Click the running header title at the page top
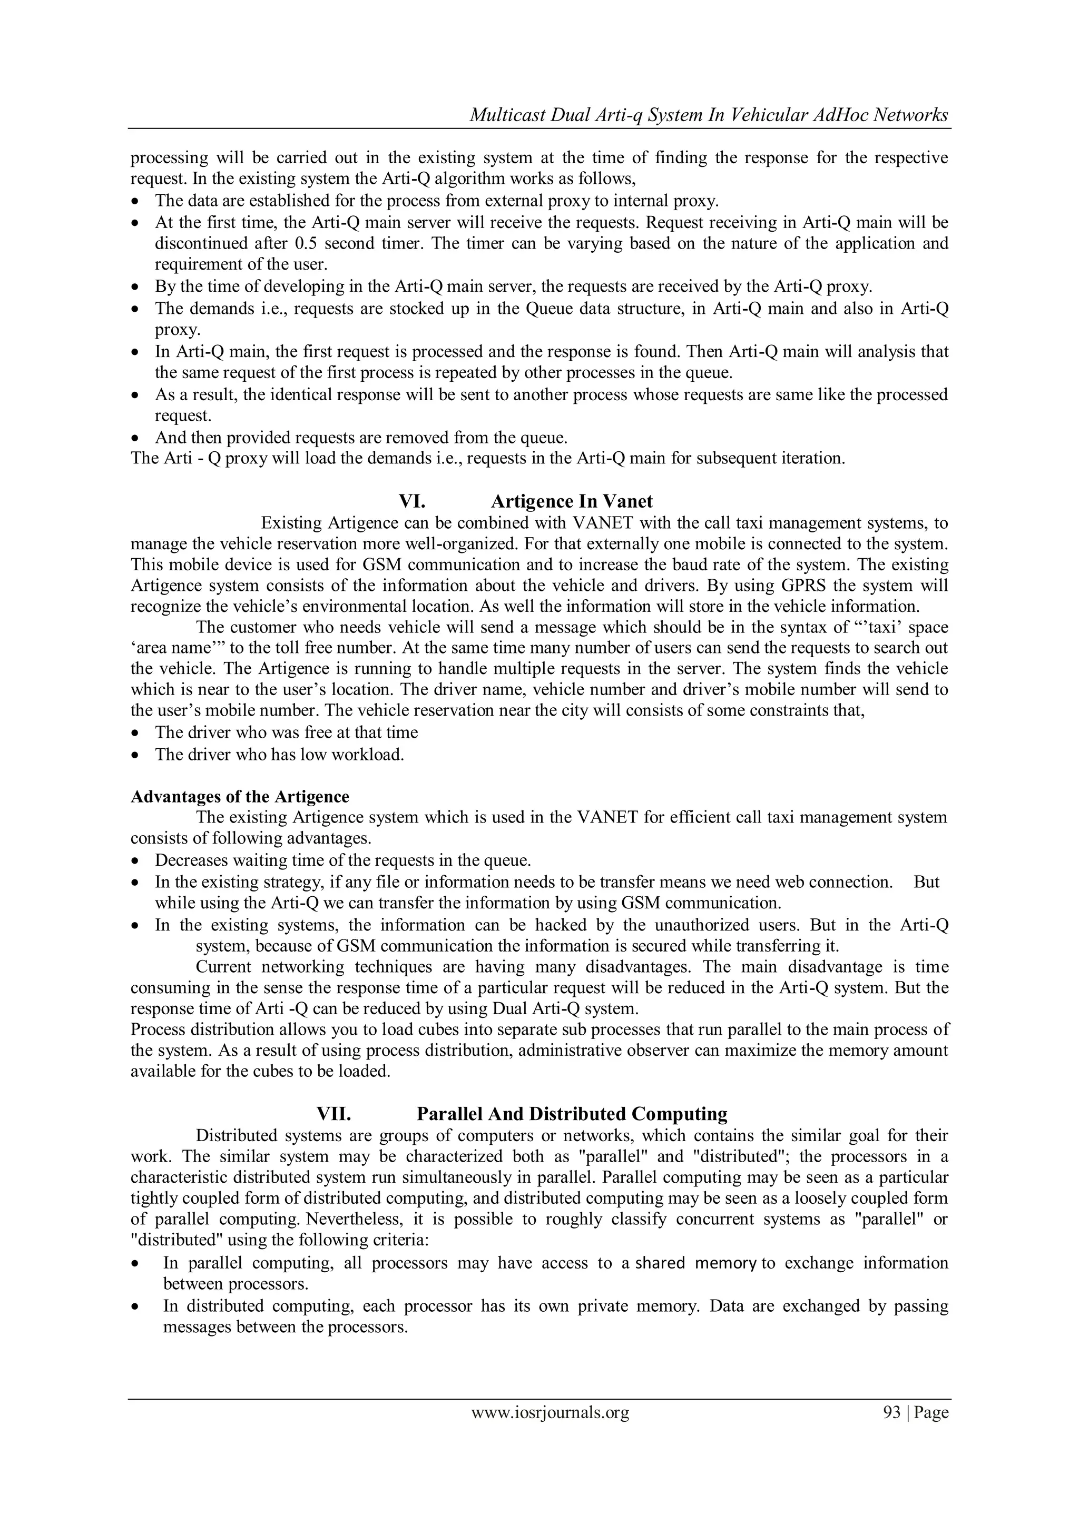pos(708,115)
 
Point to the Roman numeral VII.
pos(333,1114)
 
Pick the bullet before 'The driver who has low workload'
pos(135,755)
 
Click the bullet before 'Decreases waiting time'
pos(135,861)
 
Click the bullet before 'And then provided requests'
pos(135,438)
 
